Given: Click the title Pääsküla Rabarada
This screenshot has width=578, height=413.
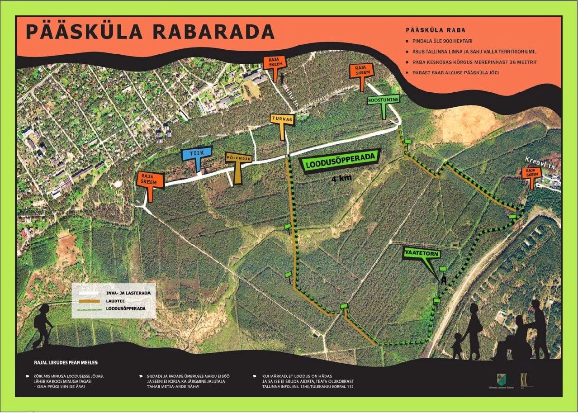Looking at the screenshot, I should [x=150, y=32].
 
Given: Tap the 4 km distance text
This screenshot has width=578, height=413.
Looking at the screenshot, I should [x=341, y=178].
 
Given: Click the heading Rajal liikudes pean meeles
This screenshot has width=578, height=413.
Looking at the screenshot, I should [x=66, y=362].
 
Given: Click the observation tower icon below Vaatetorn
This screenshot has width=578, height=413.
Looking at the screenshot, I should [x=443, y=280].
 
